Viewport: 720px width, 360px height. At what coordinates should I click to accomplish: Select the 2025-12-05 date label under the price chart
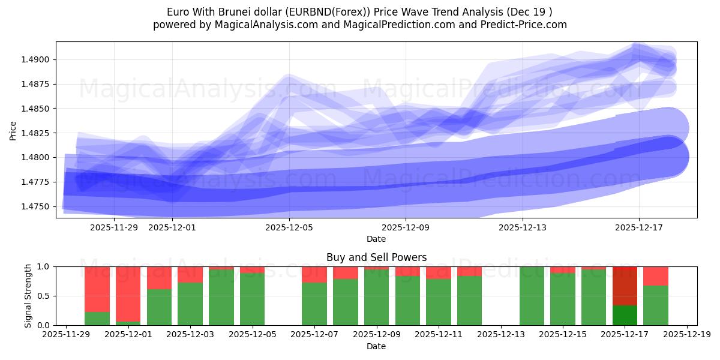(x=289, y=227)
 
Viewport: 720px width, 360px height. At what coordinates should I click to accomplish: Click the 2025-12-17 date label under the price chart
(x=639, y=227)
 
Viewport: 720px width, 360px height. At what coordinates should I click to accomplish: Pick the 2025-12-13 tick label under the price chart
(x=523, y=227)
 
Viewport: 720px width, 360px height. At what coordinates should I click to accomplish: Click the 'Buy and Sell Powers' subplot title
(x=376, y=257)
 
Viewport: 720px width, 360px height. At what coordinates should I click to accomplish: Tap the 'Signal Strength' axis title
(x=28, y=296)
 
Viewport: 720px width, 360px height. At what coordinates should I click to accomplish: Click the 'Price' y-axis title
(x=13, y=130)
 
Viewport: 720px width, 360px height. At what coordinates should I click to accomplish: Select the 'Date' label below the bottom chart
(x=376, y=346)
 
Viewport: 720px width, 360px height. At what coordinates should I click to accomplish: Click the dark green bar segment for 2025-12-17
(x=625, y=315)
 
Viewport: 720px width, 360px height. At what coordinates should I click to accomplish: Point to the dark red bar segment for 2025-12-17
(x=625, y=286)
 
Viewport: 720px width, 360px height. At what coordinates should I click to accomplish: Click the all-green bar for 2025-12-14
(x=532, y=296)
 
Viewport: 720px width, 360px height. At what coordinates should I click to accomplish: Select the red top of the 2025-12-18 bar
(x=656, y=276)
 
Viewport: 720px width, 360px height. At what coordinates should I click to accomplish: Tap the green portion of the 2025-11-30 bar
(x=97, y=319)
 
